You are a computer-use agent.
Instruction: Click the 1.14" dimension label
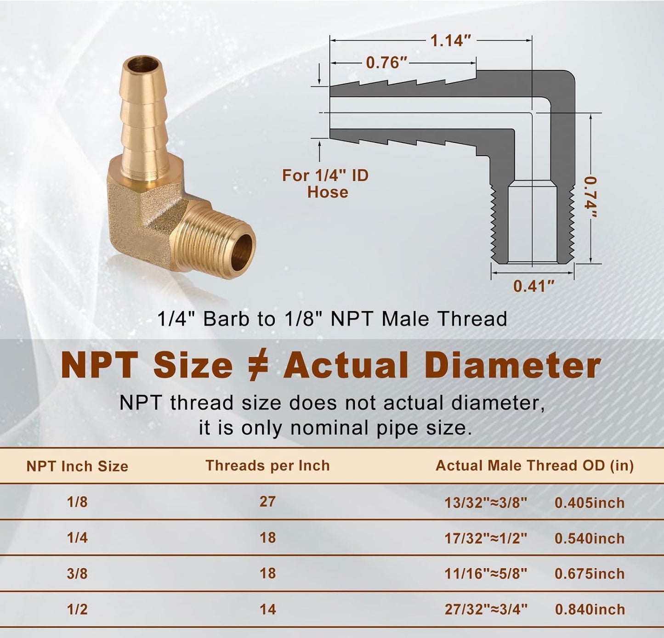pyautogui.click(x=451, y=41)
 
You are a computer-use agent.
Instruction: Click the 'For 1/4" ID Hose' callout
pyautogui.click(x=326, y=183)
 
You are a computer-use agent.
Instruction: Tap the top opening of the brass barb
pyautogui.click(x=143, y=63)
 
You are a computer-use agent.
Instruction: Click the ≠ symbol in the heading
pyautogui.click(x=258, y=366)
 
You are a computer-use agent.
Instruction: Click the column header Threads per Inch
pyautogui.click(x=267, y=465)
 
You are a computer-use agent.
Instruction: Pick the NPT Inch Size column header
pyautogui.click(x=77, y=466)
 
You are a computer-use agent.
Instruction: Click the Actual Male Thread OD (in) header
pyautogui.click(x=534, y=465)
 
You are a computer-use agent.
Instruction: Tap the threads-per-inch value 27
pyautogui.click(x=267, y=501)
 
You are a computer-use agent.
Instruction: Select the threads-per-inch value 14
pyautogui.click(x=267, y=609)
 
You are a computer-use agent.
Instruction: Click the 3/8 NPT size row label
pyautogui.click(x=77, y=573)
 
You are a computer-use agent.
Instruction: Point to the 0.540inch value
pyautogui.click(x=589, y=538)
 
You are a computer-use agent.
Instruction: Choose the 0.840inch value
pyautogui.click(x=590, y=609)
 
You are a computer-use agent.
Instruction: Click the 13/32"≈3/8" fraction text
pyautogui.click(x=485, y=502)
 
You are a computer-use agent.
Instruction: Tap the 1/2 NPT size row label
pyautogui.click(x=77, y=609)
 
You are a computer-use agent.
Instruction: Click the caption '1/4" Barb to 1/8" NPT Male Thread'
pyautogui.click(x=332, y=319)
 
